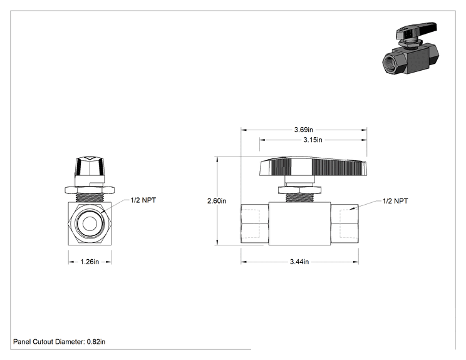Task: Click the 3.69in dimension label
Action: coord(303,130)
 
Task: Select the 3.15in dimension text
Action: coord(313,140)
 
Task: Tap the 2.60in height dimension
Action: coord(217,201)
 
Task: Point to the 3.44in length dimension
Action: coord(299,262)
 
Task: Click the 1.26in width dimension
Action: coord(90,262)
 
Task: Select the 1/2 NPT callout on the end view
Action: coord(143,200)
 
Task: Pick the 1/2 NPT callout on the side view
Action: coord(395,201)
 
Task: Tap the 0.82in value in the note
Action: coord(96,342)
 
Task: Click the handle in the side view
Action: coord(313,167)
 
